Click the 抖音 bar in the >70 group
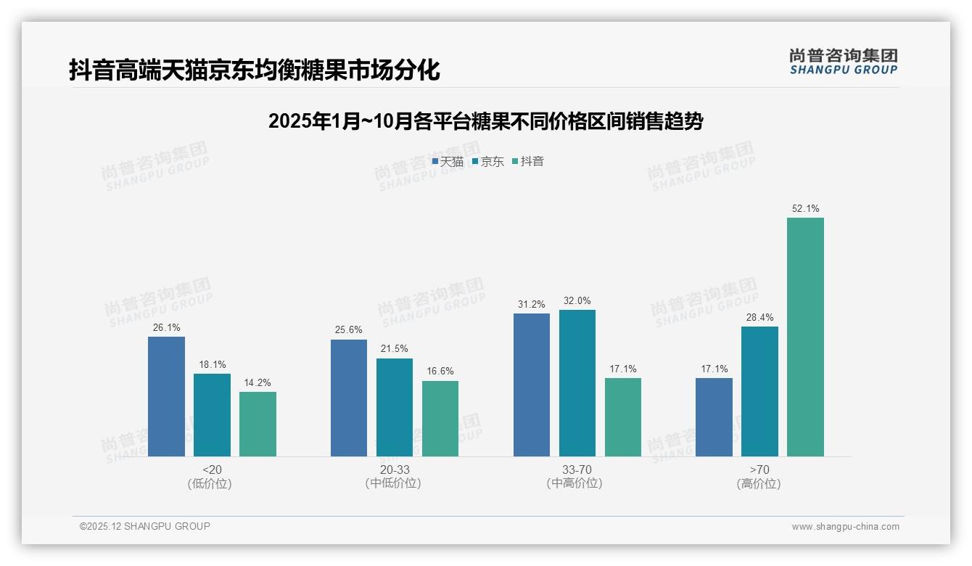(x=805, y=337)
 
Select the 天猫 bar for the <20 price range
(x=166, y=396)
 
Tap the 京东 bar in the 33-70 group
(x=577, y=383)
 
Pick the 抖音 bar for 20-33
(x=440, y=419)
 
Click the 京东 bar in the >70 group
(x=759, y=391)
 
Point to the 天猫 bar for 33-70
(x=532, y=385)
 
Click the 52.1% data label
(x=805, y=208)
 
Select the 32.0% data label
(x=577, y=300)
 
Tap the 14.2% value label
(x=258, y=382)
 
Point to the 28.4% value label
(x=759, y=317)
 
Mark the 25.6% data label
(x=349, y=329)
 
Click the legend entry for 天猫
(x=448, y=162)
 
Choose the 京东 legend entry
(x=488, y=162)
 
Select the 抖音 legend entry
(x=528, y=162)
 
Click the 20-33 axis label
(x=395, y=469)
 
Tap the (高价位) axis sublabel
(x=759, y=483)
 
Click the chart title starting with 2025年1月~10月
(x=485, y=121)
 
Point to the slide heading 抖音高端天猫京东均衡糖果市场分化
(x=255, y=70)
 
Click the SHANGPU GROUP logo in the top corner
(x=843, y=62)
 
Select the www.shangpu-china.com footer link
(x=845, y=527)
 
